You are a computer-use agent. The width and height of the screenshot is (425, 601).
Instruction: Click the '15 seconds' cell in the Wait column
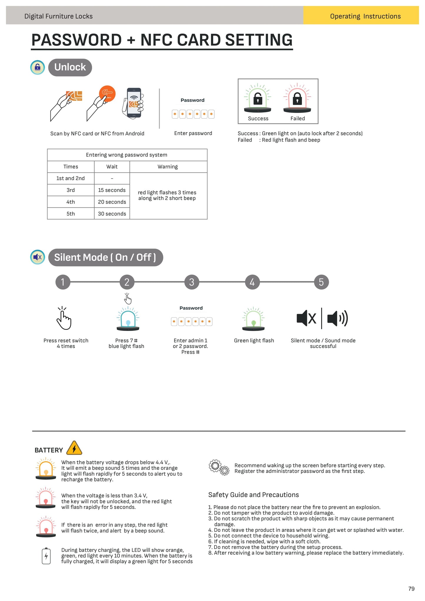coord(112,190)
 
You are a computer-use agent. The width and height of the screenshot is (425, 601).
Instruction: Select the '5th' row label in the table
coord(71,214)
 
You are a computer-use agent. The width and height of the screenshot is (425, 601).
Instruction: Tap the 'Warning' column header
coord(168,167)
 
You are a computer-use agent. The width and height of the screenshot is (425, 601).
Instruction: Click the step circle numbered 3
coord(191,282)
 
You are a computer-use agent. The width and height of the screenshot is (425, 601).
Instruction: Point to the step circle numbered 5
coord(321,282)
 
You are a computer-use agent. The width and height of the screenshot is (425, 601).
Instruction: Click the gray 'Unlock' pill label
coord(70,67)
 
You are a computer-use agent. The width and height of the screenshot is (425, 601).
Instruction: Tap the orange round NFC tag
coord(107,94)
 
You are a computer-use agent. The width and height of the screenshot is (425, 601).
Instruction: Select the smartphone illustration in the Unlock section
coord(134,103)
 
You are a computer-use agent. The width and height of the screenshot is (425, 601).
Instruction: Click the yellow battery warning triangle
coord(74,448)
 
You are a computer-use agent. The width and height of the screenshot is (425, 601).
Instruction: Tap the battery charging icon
coord(46,556)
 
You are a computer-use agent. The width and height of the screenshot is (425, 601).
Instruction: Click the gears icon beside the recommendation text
coord(219,467)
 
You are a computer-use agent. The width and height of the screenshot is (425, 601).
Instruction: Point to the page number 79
coord(411,589)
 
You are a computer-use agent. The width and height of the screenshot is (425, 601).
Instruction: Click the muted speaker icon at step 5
coord(306,318)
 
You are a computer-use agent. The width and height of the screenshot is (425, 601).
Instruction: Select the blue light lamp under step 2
coord(128,319)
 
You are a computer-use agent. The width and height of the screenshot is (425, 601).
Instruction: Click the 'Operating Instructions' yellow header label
coord(365,16)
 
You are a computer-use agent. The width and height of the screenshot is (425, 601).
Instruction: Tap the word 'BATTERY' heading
coord(49,450)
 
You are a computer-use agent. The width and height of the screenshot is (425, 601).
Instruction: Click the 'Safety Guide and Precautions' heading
coord(254,495)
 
